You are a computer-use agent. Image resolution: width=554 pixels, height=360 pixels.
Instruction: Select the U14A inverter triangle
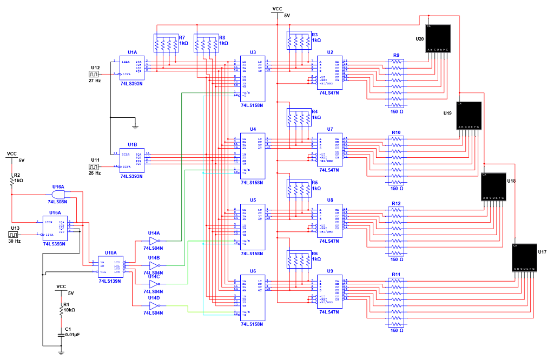154,241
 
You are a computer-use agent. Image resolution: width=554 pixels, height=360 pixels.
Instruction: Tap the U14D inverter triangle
154,305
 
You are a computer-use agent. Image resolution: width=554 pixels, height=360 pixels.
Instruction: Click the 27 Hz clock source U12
95,73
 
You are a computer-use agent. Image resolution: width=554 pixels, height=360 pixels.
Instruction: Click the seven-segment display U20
438,38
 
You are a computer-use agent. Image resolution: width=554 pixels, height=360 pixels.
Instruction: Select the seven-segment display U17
524,258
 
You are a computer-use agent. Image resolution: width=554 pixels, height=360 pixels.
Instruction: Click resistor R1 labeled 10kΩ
61,310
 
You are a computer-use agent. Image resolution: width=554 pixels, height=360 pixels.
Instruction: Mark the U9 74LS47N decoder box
329,291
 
